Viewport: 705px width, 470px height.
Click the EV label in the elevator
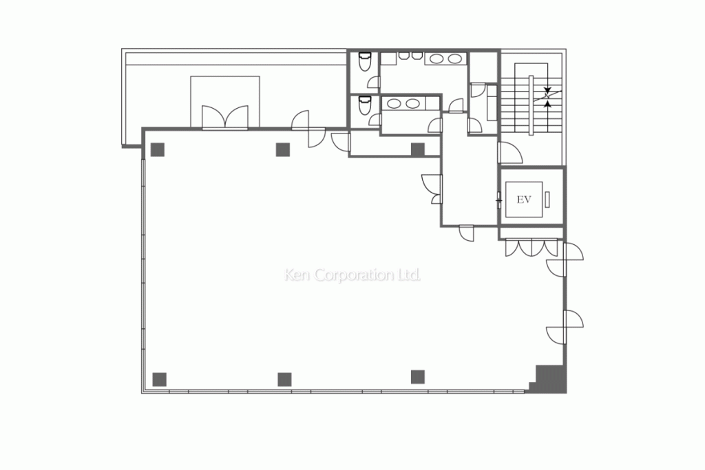pyautogui.click(x=523, y=200)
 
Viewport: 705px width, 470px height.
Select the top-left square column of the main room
pyautogui.click(x=158, y=149)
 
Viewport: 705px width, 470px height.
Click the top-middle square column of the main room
pyautogui.click(x=282, y=149)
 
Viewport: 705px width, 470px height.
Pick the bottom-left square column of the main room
pyautogui.click(x=159, y=378)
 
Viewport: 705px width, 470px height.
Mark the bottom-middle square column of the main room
pyautogui.click(x=284, y=378)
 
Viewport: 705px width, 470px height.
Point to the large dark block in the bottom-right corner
pyautogui.click(x=551, y=378)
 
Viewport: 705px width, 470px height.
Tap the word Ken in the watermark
pyautogui.click(x=297, y=275)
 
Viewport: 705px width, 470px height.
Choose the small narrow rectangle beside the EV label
pyautogui.click(x=548, y=200)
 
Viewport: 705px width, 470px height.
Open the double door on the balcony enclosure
pyautogui.click(x=225, y=117)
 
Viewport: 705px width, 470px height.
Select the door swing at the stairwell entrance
pyautogui.click(x=508, y=153)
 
